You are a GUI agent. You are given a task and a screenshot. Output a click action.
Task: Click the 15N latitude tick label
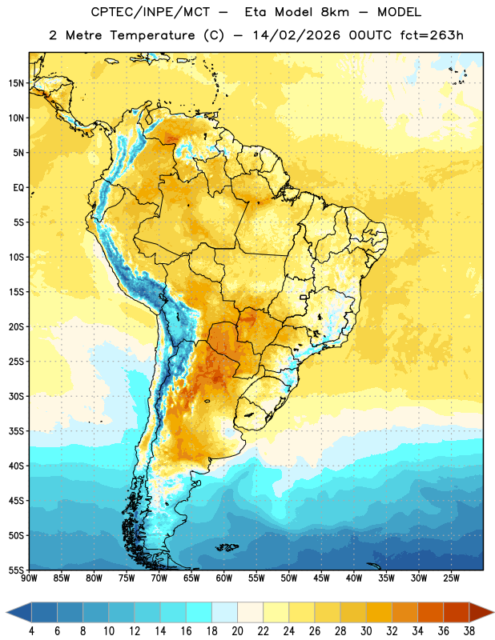(x=16, y=83)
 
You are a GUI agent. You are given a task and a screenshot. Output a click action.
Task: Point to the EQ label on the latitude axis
(x=18, y=188)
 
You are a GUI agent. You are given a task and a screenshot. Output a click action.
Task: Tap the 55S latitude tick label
(x=16, y=570)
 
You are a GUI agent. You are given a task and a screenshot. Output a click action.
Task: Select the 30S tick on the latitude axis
(x=16, y=396)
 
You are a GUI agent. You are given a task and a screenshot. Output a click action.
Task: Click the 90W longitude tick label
(x=29, y=578)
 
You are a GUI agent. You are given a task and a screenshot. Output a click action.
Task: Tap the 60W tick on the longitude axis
(x=224, y=578)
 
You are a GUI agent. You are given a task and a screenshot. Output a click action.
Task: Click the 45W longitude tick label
(x=321, y=578)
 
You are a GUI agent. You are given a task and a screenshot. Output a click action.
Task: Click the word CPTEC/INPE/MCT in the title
(x=150, y=12)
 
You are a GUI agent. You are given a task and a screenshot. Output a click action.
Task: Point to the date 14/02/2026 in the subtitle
(x=296, y=35)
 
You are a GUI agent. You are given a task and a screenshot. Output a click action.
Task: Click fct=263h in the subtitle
(x=432, y=35)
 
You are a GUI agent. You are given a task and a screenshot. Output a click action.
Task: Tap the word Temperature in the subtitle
(x=152, y=35)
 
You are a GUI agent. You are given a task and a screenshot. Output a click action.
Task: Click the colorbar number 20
(x=237, y=631)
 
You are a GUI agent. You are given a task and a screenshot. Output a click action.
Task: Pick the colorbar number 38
(x=469, y=631)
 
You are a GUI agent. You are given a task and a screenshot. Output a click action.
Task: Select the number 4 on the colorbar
(x=32, y=631)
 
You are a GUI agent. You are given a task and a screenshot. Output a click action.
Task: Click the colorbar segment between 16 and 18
(x=199, y=613)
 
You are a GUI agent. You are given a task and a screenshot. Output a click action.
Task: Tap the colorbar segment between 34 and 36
(x=430, y=613)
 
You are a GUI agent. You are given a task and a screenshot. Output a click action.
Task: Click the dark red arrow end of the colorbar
(x=481, y=613)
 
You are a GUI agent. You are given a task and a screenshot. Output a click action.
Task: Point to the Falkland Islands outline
(x=227, y=547)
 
